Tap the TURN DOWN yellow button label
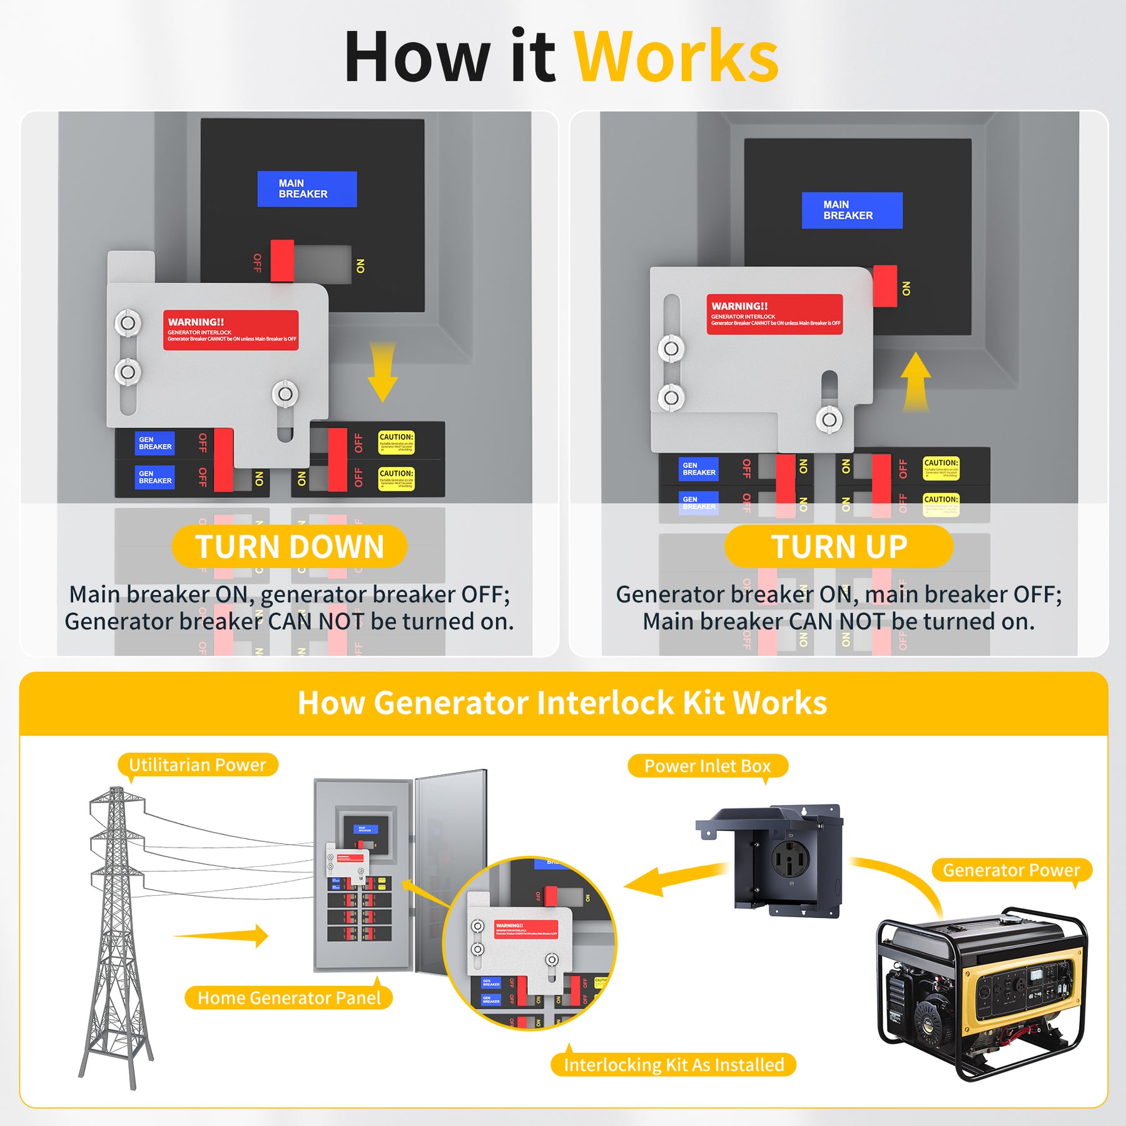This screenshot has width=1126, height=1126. pos(289,546)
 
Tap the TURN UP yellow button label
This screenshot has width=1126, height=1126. pos(838,546)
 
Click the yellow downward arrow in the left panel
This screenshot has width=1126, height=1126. pos(382,372)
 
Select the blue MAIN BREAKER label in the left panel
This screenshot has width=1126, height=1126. pos(307,189)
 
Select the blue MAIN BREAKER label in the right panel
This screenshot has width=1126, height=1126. pos(851,210)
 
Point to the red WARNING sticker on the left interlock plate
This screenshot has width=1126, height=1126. pos(230,330)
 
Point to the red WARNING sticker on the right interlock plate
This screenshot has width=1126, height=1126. pos(774,314)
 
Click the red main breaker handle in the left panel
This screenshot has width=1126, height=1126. pos(282,260)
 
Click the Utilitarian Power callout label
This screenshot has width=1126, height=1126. pos(197,764)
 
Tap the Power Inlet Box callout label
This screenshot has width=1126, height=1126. pos(707,766)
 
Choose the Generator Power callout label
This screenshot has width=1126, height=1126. pos(1011,870)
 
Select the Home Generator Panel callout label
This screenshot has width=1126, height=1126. pos(288,998)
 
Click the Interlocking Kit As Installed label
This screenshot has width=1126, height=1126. pos(673,1065)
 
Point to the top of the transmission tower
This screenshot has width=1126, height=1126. pos(116,791)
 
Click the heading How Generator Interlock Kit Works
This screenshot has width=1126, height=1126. pos(562,702)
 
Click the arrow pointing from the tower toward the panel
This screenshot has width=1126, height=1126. pos(225,936)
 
